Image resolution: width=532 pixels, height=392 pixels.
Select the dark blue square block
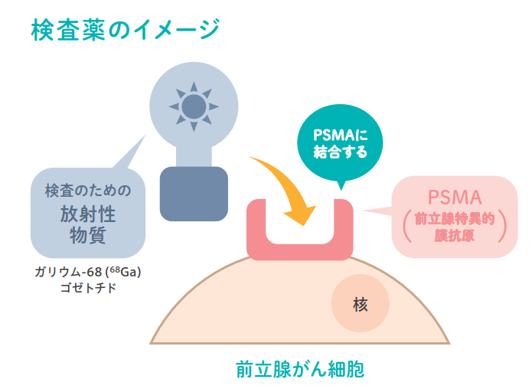(x=194, y=193)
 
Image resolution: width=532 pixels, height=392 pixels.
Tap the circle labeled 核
(x=361, y=304)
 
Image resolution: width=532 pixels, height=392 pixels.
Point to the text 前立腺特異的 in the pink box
(x=454, y=217)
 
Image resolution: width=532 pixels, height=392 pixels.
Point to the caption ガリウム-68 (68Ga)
(x=88, y=273)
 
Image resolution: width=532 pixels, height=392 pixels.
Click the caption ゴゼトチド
(x=88, y=289)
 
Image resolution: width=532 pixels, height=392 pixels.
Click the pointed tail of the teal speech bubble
(x=340, y=185)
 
